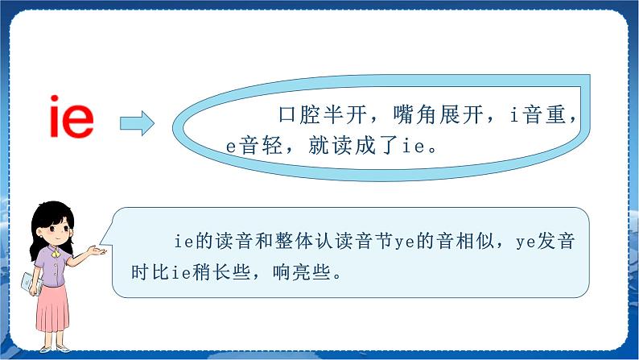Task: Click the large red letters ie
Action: (x=71, y=118)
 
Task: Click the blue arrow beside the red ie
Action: (x=137, y=123)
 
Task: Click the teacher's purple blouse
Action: (x=52, y=266)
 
